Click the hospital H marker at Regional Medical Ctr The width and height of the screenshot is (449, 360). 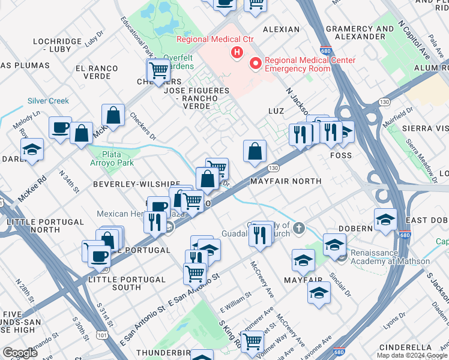pos(237,53)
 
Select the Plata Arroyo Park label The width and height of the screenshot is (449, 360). pos(113,158)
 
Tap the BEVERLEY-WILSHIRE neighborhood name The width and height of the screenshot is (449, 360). pos(136,184)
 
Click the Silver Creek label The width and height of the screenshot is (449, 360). pos(48,101)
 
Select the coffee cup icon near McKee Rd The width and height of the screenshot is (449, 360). pos(60,128)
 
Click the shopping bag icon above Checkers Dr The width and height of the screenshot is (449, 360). pos(113,115)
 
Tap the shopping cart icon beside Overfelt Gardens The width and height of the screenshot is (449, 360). pos(159,70)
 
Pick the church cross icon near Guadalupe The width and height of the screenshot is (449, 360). pos(299,228)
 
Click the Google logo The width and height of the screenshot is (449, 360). pos(20,352)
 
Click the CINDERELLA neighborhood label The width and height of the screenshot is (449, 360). pos(405,347)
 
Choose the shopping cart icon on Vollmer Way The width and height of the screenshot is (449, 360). pos(252,341)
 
